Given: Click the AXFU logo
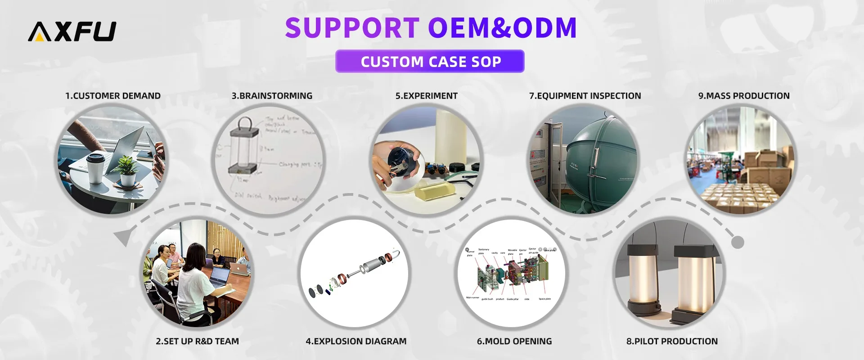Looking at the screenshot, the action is pos(72,31).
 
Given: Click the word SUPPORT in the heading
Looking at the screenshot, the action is pos(352,28).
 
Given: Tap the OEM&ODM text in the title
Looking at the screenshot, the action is pos(502,28).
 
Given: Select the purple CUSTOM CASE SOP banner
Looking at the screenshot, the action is pos(430,61).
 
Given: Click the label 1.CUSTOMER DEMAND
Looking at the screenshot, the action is pos(113,96).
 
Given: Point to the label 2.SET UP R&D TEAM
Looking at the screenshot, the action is pos(197,341).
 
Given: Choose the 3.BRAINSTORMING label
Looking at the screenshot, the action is pos(272,96).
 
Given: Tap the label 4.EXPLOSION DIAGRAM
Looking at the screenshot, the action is pos(356,341).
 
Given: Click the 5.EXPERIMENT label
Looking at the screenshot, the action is pos(426,96).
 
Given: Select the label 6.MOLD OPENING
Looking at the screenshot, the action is pos(514,341).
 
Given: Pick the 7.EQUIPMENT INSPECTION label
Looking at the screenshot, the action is pos(585,96).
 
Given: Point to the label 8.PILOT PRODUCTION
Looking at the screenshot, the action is pos(672,341).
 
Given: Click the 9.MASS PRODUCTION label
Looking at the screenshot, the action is pos(744,96).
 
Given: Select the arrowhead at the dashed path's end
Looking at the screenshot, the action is pos(122,237).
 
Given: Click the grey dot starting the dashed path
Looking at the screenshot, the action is pos(738,243).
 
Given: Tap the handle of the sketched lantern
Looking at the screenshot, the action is pos(245,122).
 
